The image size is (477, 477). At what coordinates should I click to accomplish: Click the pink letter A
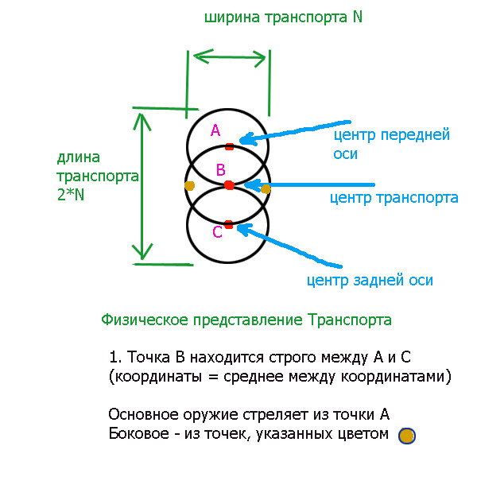215,130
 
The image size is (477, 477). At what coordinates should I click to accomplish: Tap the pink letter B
221,170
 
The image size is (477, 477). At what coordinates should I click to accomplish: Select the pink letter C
217,232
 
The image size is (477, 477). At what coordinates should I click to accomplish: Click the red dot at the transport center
229,185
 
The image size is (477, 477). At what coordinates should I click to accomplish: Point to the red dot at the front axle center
230,146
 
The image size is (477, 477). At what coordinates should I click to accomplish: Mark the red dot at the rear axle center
229,225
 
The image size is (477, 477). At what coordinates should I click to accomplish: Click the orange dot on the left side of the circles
189,185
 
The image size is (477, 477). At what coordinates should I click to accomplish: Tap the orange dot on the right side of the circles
266,189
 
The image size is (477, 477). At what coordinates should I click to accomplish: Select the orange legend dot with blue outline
407,436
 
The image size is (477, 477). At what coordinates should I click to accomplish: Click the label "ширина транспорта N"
283,17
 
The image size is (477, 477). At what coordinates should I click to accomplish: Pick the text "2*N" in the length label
71,195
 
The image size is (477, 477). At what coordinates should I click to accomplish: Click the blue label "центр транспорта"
394,198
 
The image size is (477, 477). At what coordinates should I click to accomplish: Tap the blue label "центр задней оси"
370,280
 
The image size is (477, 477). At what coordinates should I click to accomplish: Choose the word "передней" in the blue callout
415,135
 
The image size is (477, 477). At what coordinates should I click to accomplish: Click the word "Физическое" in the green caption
145,320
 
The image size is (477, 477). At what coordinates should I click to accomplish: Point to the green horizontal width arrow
230,57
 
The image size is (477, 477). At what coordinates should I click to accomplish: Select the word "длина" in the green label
79,157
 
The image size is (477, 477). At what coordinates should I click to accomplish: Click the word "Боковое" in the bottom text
138,433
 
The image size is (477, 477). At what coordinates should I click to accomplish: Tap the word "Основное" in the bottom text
143,414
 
